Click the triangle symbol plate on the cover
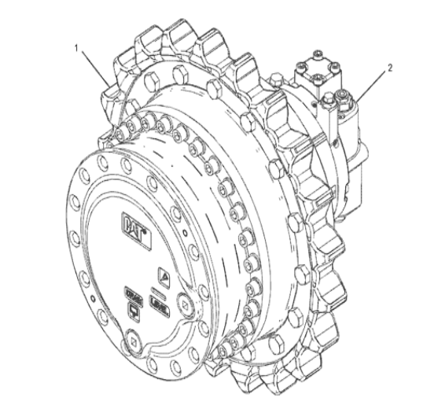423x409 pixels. (x=164, y=275)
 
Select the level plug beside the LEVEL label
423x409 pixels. (x=182, y=300)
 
